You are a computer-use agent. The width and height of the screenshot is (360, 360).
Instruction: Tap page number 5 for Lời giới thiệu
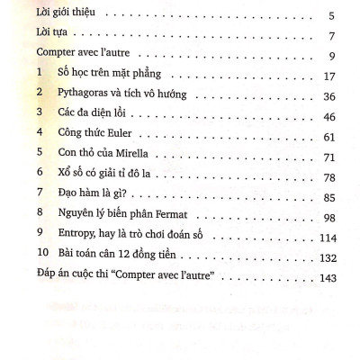(332, 16)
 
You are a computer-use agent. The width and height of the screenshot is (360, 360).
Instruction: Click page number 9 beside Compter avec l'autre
(332, 58)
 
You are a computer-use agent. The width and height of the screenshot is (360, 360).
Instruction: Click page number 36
(329, 100)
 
